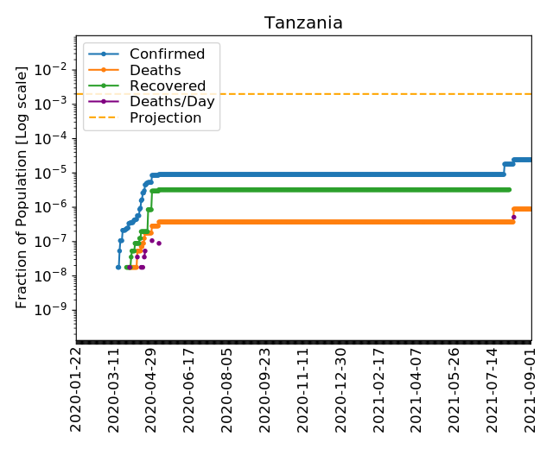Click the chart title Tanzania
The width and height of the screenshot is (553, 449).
[303, 23]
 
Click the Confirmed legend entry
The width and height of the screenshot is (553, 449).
[167, 54]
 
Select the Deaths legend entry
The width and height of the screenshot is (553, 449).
[155, 70]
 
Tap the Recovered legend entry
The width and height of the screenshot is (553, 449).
[168, 86]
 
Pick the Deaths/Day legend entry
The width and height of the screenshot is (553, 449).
[172, 102]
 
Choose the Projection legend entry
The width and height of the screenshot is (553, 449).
[165, 117]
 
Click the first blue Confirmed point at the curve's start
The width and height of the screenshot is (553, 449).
[118, 267]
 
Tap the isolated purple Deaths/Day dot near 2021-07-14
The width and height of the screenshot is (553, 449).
[513, 218]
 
